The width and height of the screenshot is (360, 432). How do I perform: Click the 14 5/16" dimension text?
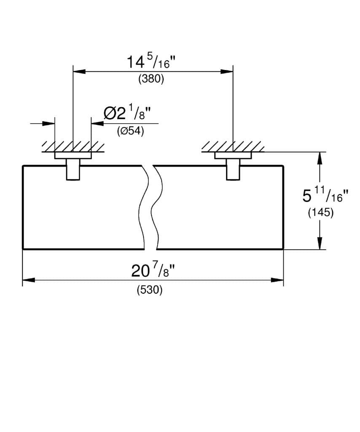[151, 62]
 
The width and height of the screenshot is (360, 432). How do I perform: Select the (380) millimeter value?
[151, 79]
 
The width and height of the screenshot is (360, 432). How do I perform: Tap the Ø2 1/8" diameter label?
[127, 113]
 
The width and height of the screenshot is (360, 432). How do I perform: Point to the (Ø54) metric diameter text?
[130, 131]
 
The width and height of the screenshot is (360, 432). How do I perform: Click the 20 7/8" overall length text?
[152, 270]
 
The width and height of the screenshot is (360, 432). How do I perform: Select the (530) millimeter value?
[150, 291]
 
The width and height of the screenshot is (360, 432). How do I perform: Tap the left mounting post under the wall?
[73, 170]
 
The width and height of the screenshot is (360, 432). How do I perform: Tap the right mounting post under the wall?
[233, 170]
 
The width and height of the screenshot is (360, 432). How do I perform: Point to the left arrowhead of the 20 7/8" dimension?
[28, 280]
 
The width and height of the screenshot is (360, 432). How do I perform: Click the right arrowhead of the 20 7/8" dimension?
[278, 280]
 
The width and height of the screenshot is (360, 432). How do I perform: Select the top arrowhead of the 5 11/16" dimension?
[320, 158]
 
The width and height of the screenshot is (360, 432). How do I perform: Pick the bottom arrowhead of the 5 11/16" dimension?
[320, 243]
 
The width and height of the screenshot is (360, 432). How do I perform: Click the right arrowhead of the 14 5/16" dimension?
[227, 71]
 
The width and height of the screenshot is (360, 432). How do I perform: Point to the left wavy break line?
[145, 207]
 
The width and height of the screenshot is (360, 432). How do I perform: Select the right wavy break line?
[157, 207]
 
